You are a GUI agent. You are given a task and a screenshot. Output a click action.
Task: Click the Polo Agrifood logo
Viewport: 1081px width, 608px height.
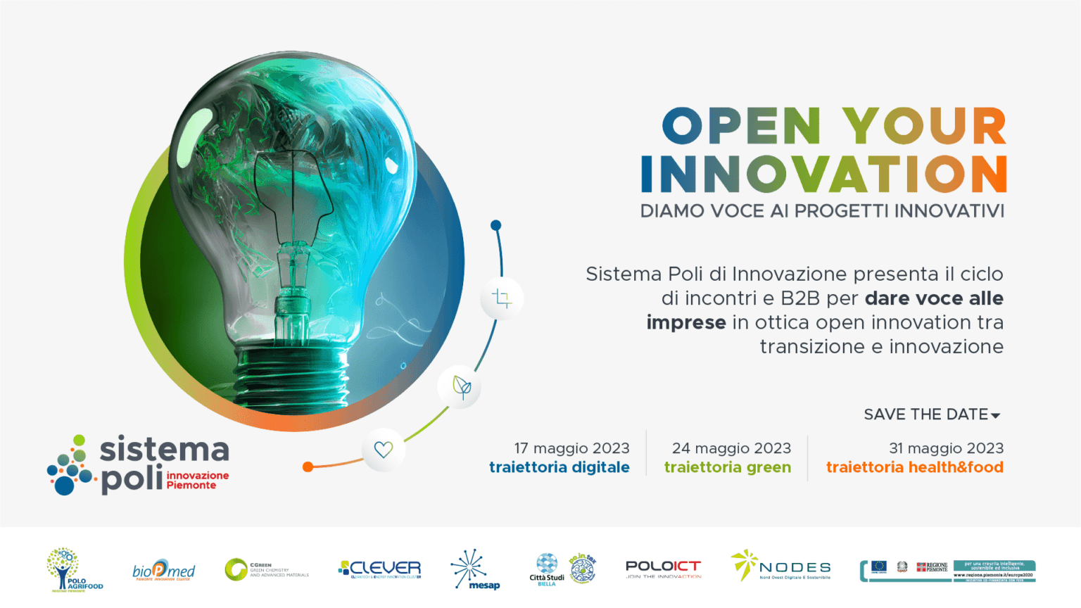74,569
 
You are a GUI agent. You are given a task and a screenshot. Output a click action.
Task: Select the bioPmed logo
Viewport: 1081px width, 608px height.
163,570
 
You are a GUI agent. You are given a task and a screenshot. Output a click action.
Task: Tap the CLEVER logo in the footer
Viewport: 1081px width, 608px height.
380,569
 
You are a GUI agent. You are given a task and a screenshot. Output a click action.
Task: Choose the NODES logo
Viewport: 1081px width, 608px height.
781,566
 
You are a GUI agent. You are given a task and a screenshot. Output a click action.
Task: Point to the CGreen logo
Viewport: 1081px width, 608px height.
266,569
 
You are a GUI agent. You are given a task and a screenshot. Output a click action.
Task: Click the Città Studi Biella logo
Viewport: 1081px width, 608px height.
547,569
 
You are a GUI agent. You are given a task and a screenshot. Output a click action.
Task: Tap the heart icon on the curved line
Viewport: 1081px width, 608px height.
384,449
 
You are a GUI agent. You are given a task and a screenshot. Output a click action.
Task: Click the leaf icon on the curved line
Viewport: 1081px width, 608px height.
462,386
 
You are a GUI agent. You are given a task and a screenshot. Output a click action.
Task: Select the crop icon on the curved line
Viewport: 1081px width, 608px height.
502,298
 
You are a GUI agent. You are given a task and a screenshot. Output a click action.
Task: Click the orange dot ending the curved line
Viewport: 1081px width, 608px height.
308,467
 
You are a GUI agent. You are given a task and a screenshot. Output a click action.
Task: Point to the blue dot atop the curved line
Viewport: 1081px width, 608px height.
496,225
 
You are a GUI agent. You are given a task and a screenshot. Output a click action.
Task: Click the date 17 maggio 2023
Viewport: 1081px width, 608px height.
571,448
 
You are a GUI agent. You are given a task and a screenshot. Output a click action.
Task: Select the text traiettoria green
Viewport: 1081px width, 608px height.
728,467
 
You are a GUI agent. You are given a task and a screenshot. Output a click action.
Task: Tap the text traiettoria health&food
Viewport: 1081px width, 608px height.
914,467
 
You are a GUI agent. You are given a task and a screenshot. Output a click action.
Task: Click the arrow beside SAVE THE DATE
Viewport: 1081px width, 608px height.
996,416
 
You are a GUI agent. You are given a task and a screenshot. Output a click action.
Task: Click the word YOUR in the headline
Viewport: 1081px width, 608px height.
925,127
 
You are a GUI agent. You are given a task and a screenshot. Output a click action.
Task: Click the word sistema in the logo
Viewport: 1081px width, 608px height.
165,450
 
